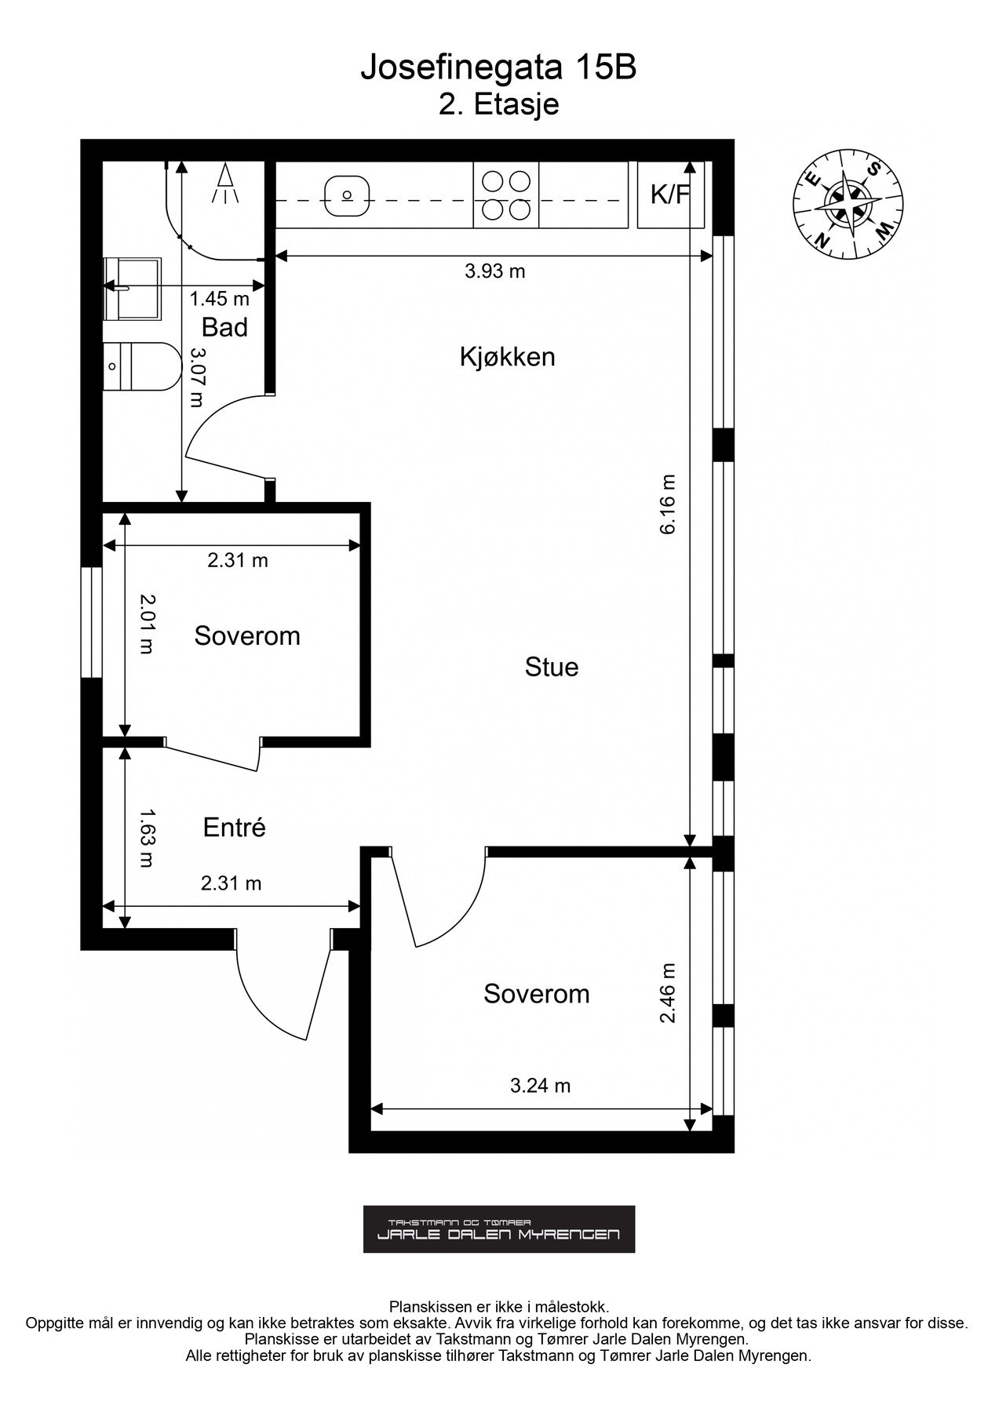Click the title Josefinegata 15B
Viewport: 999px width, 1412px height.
[x=498, y=69]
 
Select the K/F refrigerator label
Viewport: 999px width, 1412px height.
[x=669, y=195]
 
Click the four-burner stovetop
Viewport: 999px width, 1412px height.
[x=506, y=195]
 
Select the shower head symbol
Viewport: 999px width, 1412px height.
[x=225, y=184]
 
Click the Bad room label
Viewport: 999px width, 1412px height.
[x=224, y=327]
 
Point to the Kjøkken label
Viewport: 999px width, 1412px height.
[x=508, y=357]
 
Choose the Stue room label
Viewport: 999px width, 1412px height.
[x=552, y=668]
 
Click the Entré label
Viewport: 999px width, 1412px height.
[x=235, y=827]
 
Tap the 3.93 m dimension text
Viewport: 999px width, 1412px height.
[x=495, y=271]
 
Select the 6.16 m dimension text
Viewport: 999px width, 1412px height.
[x=669, y=504]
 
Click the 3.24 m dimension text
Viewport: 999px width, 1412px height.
[x=541, y=1086]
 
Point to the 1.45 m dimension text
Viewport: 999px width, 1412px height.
[x=220, y=298]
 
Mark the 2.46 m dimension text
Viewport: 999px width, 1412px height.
[x=669, y=993]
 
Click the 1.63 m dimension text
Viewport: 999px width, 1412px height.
[x=146, y=839]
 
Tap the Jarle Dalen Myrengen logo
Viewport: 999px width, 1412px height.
[x=499, y=1229]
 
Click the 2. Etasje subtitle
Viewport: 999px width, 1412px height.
[x=499, y=104]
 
